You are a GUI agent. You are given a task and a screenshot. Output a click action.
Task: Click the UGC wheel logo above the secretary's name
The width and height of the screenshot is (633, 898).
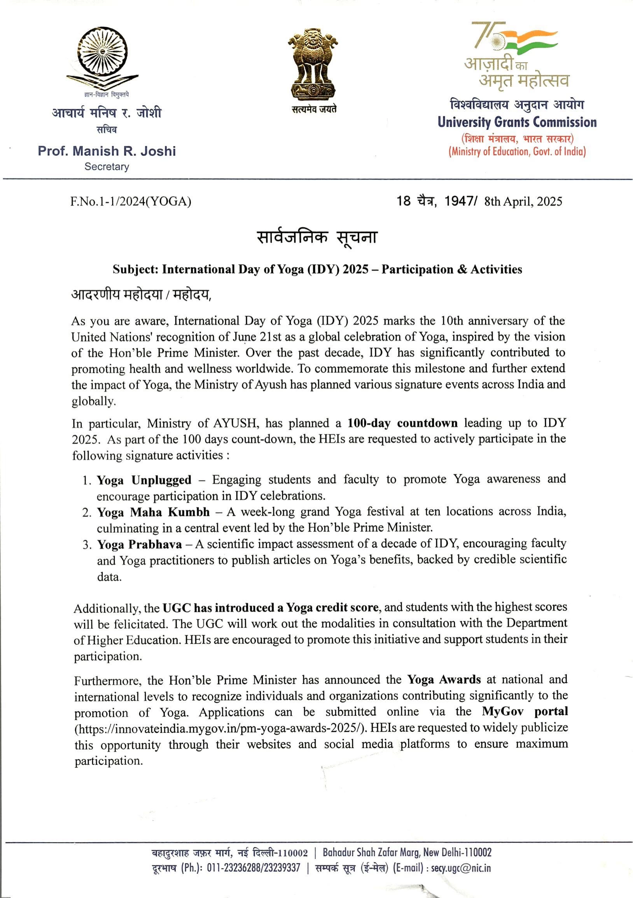point(102,59)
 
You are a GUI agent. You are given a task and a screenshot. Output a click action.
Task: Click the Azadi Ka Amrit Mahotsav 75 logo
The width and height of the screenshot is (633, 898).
point(516,54)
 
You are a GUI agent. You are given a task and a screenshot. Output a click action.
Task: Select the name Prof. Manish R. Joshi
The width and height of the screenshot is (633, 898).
point(107,151)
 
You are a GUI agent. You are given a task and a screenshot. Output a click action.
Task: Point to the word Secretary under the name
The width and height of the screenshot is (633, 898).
point(107,167)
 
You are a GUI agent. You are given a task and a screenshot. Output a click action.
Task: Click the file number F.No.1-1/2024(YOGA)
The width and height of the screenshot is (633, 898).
point(131,202)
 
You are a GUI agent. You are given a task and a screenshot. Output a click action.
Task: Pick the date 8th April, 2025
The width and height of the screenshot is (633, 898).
point(523,202)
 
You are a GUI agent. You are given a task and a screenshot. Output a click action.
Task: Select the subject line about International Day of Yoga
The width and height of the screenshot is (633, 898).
point(317,270)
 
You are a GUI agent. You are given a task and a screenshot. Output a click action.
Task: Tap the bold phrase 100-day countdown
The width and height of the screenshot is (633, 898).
point(402,423)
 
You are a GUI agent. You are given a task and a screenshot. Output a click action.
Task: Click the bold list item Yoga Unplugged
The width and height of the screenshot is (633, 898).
point(144,480)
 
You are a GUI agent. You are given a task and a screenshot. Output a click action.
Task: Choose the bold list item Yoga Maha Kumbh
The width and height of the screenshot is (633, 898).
point(153,512)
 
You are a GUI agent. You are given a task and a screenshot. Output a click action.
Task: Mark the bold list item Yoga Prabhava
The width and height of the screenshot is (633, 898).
point(139,545)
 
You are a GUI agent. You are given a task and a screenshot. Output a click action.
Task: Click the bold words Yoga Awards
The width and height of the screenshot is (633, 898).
point(444,679)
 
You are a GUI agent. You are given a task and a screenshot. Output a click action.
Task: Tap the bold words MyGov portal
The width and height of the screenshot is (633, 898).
point(525,712)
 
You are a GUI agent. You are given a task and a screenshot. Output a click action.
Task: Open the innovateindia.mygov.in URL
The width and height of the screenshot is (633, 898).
point(221,728)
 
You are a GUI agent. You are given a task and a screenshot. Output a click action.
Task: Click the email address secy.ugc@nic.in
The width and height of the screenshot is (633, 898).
point(461,868)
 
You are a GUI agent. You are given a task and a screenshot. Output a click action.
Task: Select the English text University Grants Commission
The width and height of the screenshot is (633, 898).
point(517,122)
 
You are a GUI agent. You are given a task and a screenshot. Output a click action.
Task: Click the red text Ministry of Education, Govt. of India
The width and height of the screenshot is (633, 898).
point(517,152)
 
